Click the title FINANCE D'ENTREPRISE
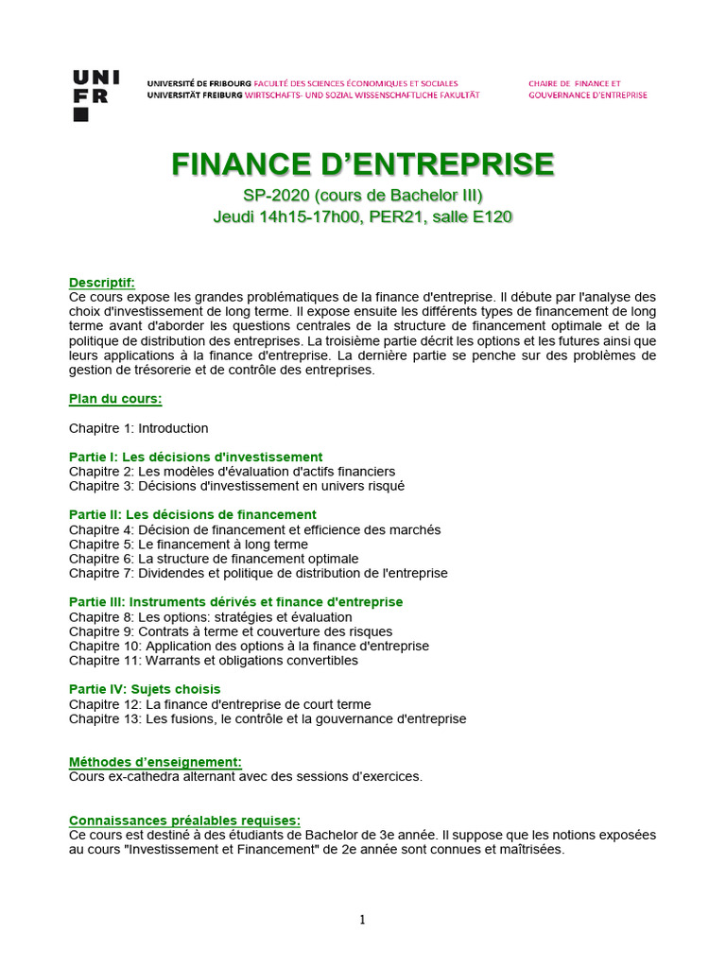coord(363,164)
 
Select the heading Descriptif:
coord(102,283)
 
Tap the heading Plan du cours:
coord(115,399)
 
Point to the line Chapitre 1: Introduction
coord(139,428)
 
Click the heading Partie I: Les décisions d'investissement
coord(196,457)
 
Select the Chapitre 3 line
coord(236,486)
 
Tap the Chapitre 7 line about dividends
coord(258,573)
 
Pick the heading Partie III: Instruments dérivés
coord(236,602)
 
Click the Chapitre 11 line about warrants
coord(214,660)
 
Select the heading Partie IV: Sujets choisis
coord(145,689)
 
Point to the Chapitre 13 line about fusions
coord(268,718)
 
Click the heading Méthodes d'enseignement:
coord(155,762)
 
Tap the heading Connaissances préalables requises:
coord(185,820)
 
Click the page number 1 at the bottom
coord(363,920)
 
